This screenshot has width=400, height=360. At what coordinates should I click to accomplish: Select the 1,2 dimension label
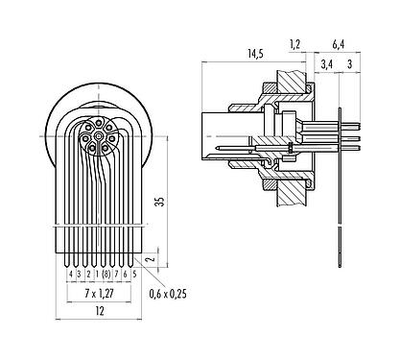pyautogui.click(x=295, y=43)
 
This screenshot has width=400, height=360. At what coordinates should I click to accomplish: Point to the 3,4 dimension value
pyautogui.click(x=325, y=65)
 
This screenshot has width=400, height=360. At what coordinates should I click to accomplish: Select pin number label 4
pyautogui.click(x=70, y=274)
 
